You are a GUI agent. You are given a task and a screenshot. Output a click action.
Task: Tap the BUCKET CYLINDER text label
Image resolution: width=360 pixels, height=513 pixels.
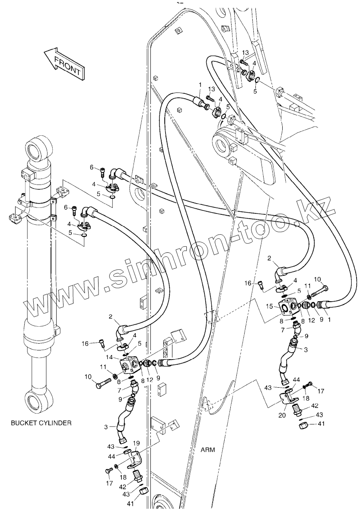coord(41,423)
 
